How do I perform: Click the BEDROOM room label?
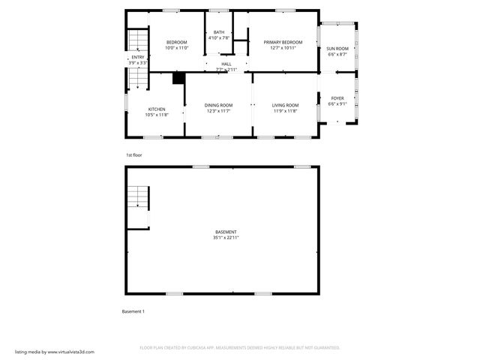[176, 42]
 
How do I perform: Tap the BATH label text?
[218, 32]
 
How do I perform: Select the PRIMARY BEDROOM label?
[283, 42]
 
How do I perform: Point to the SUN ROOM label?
[337, 49]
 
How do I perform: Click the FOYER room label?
[337, 98]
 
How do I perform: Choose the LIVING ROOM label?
[285, 105]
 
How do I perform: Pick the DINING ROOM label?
[218, 105]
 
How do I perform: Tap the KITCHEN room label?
[157, 109]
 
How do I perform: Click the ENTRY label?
[138, 58]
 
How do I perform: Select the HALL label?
[226, 64]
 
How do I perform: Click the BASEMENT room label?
[226, 232]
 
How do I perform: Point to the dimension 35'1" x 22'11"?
[226, 238]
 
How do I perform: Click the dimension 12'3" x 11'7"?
[218, 111]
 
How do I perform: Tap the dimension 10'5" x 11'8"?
[157, 115]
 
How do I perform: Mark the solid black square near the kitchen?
[178, 77]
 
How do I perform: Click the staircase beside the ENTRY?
[137, 40]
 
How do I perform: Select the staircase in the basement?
[138, 198]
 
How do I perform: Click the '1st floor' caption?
[133, 154]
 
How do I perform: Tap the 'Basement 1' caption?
[133, 311]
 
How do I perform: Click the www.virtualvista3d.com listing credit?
[55, 351]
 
